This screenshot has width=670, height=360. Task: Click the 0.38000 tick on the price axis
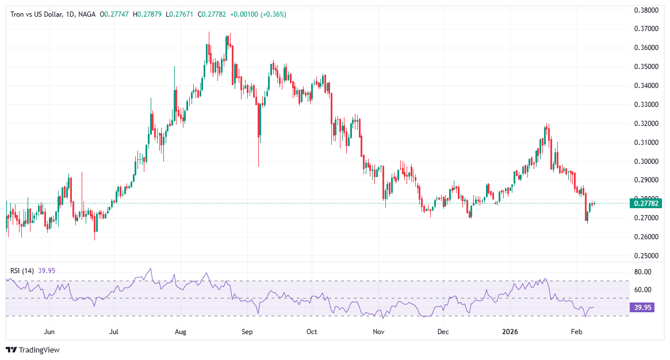[x=646, y=10]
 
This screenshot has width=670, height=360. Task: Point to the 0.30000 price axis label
[x=646, y=161]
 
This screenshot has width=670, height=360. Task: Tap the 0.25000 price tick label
[x=646, y=255]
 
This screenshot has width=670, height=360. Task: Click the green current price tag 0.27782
[x=647, y=203]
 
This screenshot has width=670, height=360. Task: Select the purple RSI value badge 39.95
[x=642, y=308]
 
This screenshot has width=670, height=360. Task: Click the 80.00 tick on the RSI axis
[x=642, y=271]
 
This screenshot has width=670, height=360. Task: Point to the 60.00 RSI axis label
[x=642, y=290]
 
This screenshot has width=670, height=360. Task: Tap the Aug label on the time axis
[x=181, y=332]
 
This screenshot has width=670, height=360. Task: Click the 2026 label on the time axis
[x=511, y=332]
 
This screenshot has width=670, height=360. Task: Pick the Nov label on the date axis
[x=378, y=332]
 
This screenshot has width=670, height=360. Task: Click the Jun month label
[x=49, y=332]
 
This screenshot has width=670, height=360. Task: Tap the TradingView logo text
[x=39, y=350]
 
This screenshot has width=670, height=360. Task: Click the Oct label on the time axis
[x=312, y=332]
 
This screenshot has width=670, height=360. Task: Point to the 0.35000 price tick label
[x=646, y=67]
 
